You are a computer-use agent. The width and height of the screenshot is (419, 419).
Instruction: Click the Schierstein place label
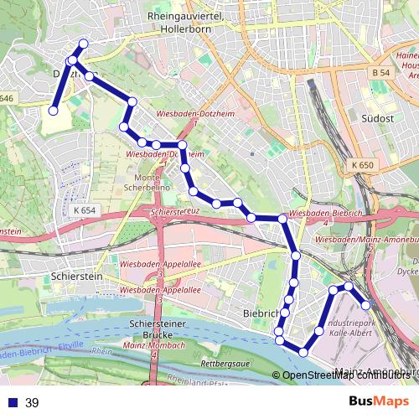(76, 275)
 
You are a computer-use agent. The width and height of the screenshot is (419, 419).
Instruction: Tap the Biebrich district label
(259, 313)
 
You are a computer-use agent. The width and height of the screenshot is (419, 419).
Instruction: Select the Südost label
(377, 118)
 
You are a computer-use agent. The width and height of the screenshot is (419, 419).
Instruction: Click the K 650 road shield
(362, 165)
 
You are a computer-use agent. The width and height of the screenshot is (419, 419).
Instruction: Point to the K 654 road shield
(85, 210)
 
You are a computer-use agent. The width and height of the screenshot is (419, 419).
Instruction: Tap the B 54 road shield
(380, 74)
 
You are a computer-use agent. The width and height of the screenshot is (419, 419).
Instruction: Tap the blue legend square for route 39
(13, 403)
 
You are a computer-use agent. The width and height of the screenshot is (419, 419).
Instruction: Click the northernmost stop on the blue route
(83, 44)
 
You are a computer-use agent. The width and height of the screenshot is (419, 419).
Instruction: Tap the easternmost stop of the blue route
(365, 305)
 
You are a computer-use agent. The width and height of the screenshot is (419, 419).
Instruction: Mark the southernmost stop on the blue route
(303, 351)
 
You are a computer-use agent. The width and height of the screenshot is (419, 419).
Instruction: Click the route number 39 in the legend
(33, 403)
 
